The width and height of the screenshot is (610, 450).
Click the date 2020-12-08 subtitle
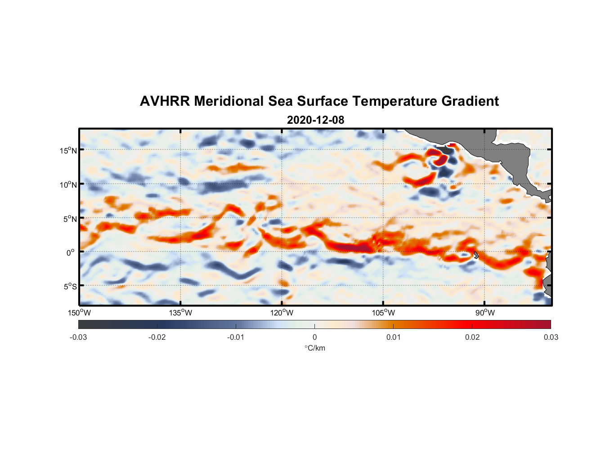click(x=315, y=120)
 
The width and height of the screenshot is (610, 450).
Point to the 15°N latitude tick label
click(x=68, y=150)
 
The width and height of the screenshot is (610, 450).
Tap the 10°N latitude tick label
click(x=68, y=184)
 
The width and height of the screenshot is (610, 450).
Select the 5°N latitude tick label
click(x=70, y=219)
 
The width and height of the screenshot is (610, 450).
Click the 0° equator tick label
click(x=71, y=253)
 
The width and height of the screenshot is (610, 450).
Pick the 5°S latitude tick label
click(x=70, y=287)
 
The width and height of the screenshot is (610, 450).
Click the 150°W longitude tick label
click(x=79, y=313)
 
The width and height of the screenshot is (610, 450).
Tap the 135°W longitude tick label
click(x=180, y=313)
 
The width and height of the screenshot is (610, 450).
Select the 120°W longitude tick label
click(x=282, y=313)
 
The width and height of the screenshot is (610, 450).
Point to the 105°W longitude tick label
click(x=383, y=313)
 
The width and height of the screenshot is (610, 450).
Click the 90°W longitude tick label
click(x=484, y=313)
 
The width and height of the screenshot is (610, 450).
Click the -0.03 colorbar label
click(x=78, y=337)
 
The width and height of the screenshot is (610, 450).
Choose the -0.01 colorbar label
click(x=236, y=337)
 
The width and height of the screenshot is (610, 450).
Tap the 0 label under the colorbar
click(x=314, y=337)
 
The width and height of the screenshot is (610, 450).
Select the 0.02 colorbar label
click(x=472, y=337)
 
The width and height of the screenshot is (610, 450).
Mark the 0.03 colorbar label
click(x=551, y=337)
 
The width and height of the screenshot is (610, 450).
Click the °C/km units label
click(x=314, y=348)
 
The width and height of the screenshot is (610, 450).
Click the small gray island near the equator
click(x=476, y=255)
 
